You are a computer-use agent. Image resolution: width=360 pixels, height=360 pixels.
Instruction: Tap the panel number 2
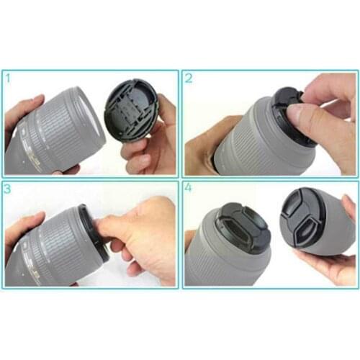coord(189,77)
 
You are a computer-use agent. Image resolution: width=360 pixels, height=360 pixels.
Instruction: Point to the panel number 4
coord(189,189)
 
